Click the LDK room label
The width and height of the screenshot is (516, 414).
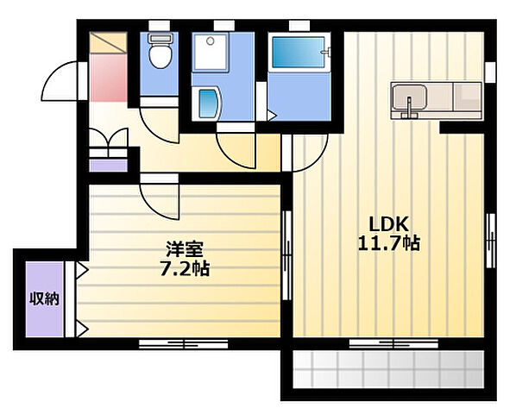pyautogui.click(x=388, y=224)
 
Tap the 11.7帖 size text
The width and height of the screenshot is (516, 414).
pyautogui.click(x=388, y=244)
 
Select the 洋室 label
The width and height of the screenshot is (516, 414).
pyautogui.click(x=185, y=249)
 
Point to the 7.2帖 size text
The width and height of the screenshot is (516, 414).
pyautogui.click(x=185, y=268)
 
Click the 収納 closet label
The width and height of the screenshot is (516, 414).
pyautogui.click(x=44, y=298)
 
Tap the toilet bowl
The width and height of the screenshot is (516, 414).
pyautogui.click(x=160, y=56)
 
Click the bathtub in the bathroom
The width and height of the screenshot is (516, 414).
pyautogui.click(x=299, y=53)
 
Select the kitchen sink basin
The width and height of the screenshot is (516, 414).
pyautogui.click(x=410, y=97)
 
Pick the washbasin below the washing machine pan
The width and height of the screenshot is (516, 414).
pyautogui.click(x=208, y=103)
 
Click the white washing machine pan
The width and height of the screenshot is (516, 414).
pyautogui.click(x=210, y=52)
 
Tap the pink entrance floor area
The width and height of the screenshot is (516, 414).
pyautogui.click(x=108, y=78)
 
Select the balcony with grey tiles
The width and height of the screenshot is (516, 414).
pyautogui.click(x=388, y=370)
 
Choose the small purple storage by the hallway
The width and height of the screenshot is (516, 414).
pyautogui.click(x=108, y=166)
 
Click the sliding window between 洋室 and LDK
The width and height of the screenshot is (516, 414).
pyautogui.click(x=287, y=255)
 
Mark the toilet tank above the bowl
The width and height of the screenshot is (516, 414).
pyautogui.click(x=160, y=38)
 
